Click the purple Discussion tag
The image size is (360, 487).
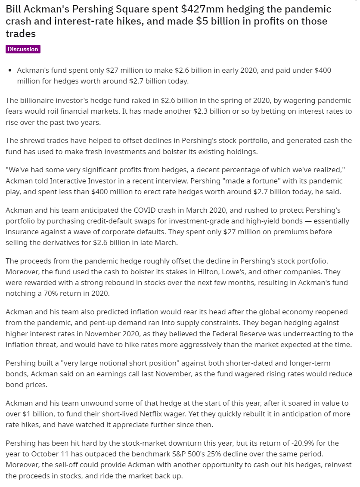(x=23, y=49)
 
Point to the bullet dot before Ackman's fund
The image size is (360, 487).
(x=10, y=70)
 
